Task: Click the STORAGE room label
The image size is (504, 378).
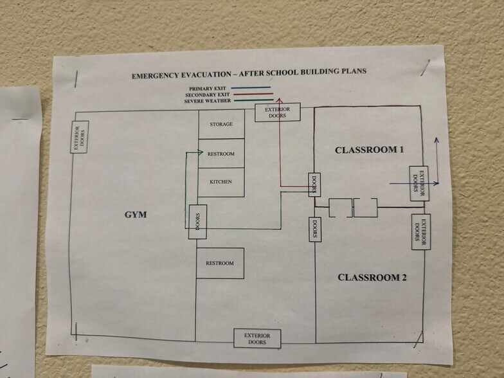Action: (x=221, y=124)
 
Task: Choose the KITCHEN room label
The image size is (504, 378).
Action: (x=221, y=182)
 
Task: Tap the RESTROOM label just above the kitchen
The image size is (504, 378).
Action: (x=221, y=154)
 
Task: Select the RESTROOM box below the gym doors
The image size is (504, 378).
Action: (x=220, y=264)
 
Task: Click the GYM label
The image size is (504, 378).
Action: (x=136, y=215)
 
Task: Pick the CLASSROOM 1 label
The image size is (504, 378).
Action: (x=369, y=150)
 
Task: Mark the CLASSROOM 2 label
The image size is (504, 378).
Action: (x=372, y=278)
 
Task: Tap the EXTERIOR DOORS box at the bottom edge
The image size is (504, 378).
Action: (x=257, y=338)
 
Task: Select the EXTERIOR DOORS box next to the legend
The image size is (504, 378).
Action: (x=277, y=113)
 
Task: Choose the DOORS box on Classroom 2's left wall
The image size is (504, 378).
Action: (x=315, y=230)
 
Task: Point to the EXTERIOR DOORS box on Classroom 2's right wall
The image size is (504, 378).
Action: (x=419, y=231)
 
